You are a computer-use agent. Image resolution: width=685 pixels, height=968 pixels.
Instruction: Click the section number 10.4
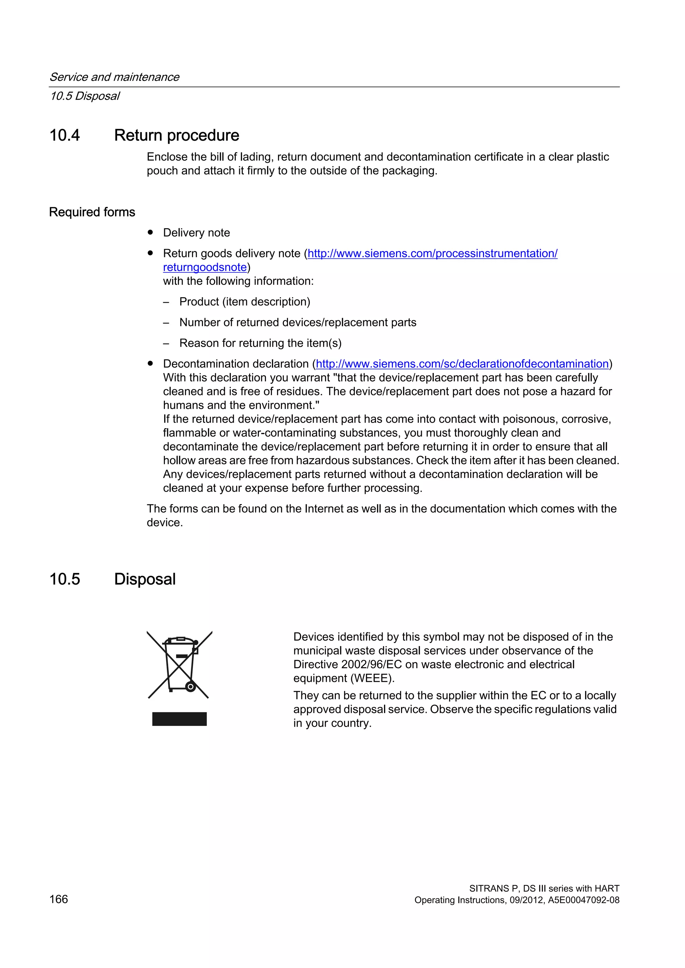(x=65, y=135)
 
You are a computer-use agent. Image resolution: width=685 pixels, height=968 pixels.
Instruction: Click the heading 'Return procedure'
(x=176, y=135)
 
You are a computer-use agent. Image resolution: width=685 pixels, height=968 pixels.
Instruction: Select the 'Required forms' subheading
(x=92, y=212)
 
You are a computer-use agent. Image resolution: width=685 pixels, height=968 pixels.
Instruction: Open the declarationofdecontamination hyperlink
(x=462, y=364)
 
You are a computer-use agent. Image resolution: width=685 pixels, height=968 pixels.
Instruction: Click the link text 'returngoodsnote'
(x=205, y=267)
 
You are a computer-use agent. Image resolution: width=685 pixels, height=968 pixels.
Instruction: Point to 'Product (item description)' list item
(x=244, y=302)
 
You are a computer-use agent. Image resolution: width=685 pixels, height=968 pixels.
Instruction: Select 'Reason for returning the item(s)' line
(x=260, y=343)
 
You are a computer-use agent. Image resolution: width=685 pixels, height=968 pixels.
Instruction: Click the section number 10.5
(x=65, y=579)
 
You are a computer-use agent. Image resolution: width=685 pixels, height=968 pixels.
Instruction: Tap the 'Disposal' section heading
(x=145, y=579)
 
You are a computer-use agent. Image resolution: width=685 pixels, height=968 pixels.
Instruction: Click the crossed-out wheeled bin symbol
(x=179, y=665)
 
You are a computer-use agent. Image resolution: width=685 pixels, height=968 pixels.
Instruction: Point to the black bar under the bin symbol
(x=179, y=719)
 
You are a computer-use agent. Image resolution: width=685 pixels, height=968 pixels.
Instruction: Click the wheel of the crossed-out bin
(x=191, y=687)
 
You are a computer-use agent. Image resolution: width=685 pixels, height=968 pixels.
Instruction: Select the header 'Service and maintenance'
(x=114, y=77)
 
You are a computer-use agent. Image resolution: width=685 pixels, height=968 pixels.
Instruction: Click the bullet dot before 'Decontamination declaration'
(x=150, y=363)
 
